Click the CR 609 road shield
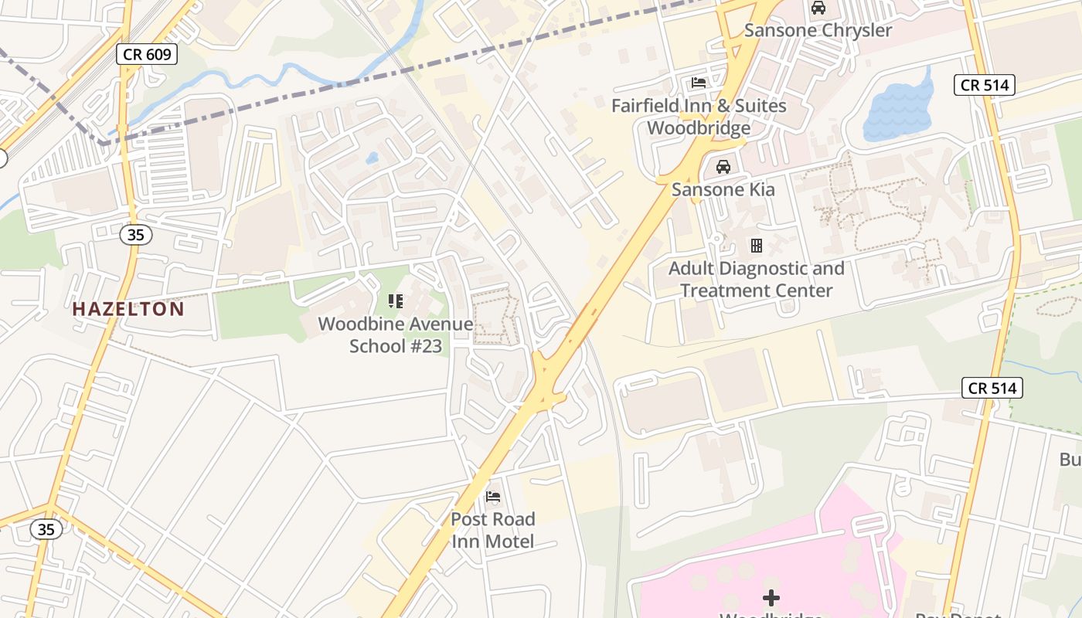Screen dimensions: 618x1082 [148, 54]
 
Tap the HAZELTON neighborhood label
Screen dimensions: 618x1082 [128, 309]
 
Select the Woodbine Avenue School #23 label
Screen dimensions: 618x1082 [396, 334]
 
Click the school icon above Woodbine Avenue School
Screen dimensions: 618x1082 [396, 301]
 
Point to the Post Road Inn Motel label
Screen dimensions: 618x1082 [492, 530]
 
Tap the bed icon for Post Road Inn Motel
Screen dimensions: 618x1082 [492, 496]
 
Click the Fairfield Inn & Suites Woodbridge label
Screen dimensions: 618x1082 [699, 117]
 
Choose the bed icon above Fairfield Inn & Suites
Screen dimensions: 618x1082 [699, 83]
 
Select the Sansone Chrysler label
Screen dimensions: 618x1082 [818, 31]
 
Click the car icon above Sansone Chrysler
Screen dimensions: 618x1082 [818, 8]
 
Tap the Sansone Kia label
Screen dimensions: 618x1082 [723, 189]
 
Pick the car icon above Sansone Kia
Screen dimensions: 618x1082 [723, 167]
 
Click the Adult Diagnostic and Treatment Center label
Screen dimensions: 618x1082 [756, 280]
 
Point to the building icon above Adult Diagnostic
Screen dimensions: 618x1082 [756, 246]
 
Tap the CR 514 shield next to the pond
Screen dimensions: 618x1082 [984, 85]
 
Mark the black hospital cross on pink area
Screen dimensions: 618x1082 [771, 597]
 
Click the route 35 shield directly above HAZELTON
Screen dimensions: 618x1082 [135, 235]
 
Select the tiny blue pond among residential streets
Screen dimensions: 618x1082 [372, 158]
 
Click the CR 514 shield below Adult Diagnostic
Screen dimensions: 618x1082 [992, 388]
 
